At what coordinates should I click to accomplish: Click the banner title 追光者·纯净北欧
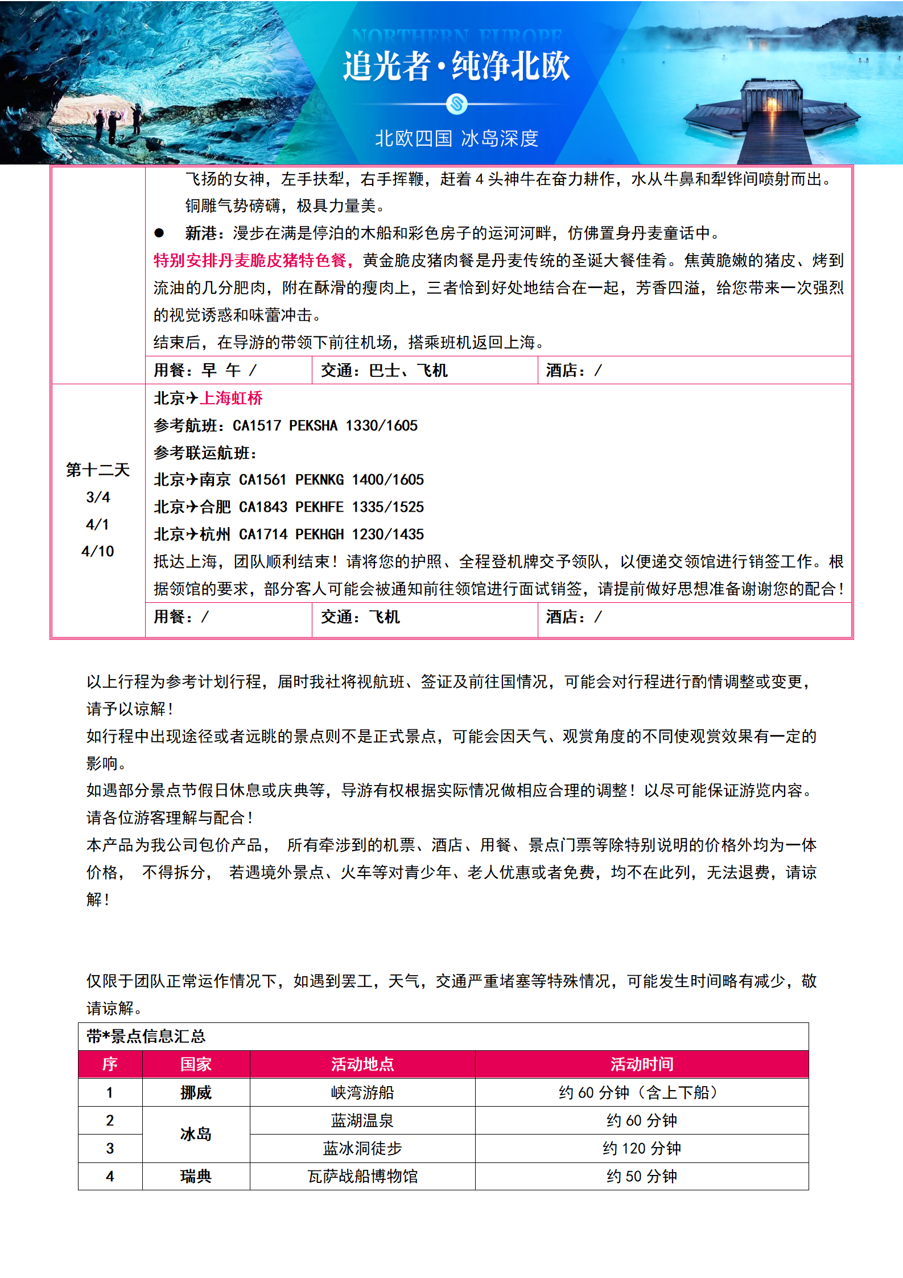[456, 67]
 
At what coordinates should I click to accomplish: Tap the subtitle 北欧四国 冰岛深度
[456, 138]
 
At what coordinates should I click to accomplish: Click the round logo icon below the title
[456, 104]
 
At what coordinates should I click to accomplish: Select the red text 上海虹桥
[231, 398]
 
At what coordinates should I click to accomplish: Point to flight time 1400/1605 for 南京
[387, 479]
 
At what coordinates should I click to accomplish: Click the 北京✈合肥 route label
[192, 507]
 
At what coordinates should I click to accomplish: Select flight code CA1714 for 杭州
[263, 534]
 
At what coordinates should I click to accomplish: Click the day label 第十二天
[98, 470]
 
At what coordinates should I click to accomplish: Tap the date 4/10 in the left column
[98, 551]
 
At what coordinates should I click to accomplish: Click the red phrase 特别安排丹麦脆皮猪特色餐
[250, 260]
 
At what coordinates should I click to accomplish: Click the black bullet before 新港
[159, 233]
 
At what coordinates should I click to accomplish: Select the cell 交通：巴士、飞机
[384, 371]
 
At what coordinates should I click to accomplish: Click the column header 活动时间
[641, 1064]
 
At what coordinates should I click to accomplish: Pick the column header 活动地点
[362, 1064]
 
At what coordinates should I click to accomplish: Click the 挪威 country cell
[196, 1092]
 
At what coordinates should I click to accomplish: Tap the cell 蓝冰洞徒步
[362, 1148]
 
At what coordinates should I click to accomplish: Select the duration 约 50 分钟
[641, 1176]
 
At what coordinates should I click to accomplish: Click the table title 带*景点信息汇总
[146, 1036]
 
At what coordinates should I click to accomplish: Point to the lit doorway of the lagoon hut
[772, 105]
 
